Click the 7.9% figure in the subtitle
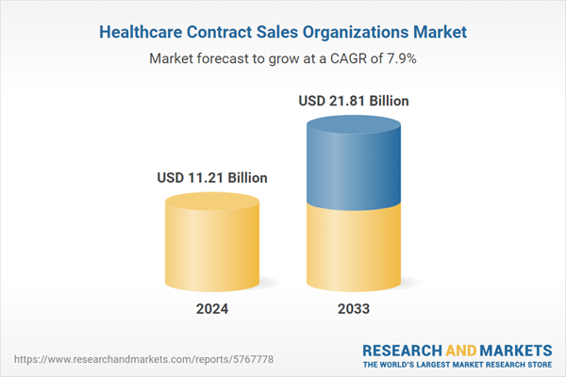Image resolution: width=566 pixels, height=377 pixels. pos(400,58)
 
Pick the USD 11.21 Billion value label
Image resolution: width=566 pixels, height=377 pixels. pos(212,177)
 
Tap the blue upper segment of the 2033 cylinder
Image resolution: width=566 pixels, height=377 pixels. pos(354,160)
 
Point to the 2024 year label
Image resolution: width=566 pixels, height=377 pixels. pos(212,309)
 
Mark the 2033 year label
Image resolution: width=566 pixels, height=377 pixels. pos(354,309)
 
